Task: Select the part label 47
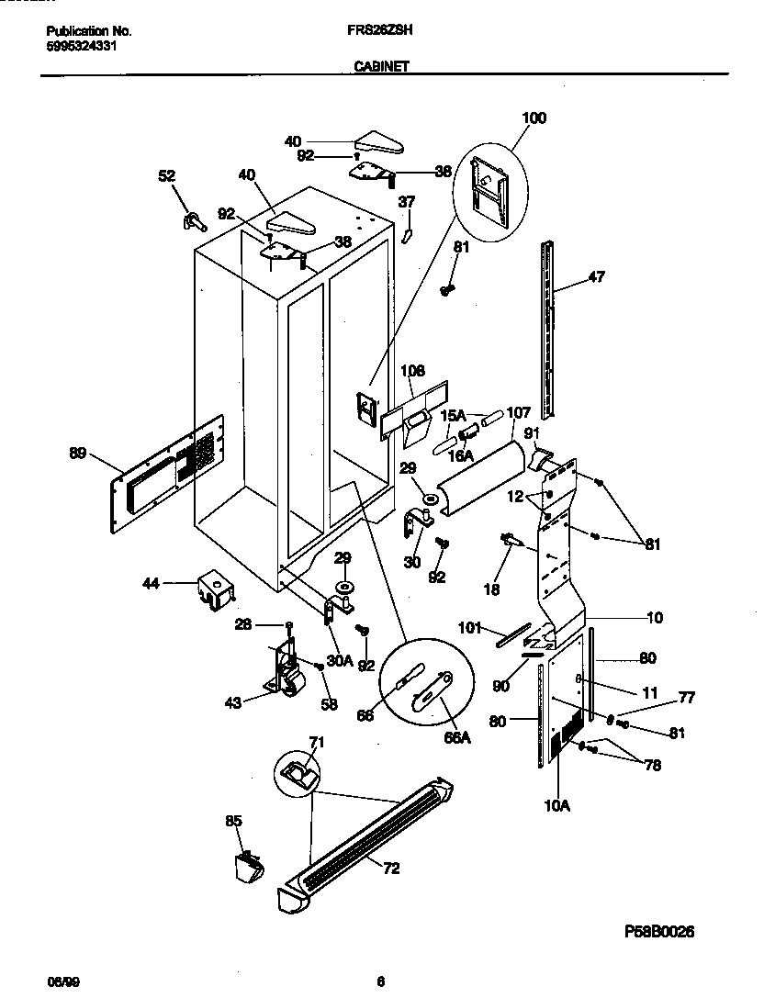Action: click(596, 275)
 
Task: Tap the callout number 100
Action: click(534, 118)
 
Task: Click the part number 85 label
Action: click(233, 822)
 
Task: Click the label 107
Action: click(519, 412)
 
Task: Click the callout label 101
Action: click(471, 629)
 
